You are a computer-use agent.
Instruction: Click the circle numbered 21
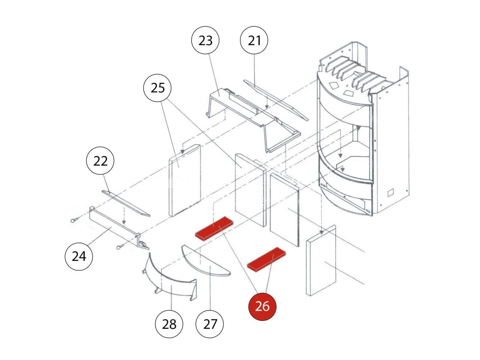click(x=254, y=40)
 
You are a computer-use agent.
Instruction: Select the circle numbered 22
click(x=100, y=161)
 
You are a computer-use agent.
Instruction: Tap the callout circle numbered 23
click(x=205, y=40)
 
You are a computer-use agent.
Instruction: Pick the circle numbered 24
click(x=79, y=256)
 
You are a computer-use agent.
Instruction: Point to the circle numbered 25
click(x=157, y=88)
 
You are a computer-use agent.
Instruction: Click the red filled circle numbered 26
click(x=262, y=306)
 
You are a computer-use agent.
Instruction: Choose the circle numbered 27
click(x=210, y=323)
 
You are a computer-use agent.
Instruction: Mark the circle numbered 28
click(x=169, y=323)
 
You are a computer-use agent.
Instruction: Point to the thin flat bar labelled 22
click(x=126, y=203)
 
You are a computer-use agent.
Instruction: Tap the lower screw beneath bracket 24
click(x=120, y=247)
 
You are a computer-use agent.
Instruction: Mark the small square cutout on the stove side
click(x=390, y=192)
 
